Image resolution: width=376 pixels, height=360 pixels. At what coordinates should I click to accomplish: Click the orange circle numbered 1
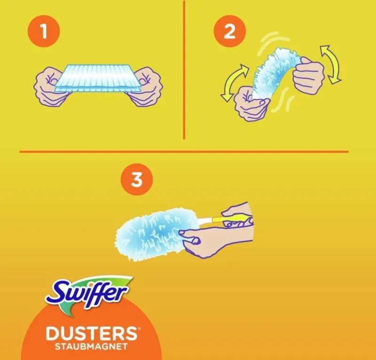tap(44, 31)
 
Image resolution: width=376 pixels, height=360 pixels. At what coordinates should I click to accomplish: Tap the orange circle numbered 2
tap(230, 31)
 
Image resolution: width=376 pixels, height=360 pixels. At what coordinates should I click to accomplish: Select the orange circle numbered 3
tap(137, 180)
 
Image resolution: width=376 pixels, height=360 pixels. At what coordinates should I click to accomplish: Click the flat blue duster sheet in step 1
tap(97, 78)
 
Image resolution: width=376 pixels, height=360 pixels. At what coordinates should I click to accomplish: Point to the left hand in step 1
tap(49, 86)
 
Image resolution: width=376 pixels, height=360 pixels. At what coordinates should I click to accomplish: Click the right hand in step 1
tap(145, 86)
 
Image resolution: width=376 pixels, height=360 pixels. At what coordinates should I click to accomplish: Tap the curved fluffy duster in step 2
tap(276, 72)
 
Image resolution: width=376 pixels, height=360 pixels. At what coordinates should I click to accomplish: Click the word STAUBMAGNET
tap(91, 347)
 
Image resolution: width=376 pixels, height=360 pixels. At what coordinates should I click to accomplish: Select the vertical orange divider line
tap(184, 70)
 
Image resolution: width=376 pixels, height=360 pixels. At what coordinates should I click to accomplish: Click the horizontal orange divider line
tap(184, 152)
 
